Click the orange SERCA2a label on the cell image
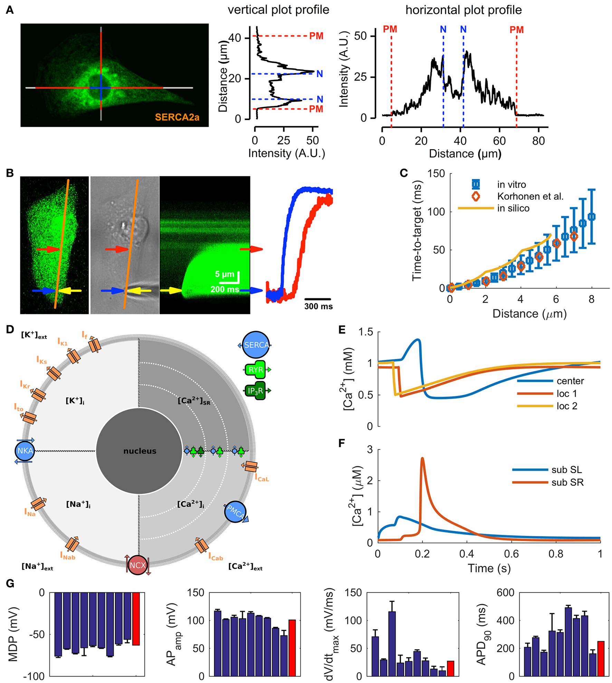(x=177, y=117)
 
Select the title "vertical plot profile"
(x=278, y=10)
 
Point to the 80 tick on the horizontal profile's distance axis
(x=538, y=141)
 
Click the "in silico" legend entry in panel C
(x=513, y=208)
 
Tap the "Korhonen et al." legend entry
(x=530, y=197)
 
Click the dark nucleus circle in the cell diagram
(x=139, y=451)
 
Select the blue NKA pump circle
(x=25, y=451)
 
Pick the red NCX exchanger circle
(x=137, y=565)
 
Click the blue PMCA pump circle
(x=235, y=512)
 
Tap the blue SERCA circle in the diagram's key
(x=256, y=345)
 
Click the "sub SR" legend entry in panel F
(x=567, y=482)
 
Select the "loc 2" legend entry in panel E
(x=567, y=406)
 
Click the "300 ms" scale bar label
(x=318, y=306)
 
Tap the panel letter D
(x=10, y=330)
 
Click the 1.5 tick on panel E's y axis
(x=366, y=332)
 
